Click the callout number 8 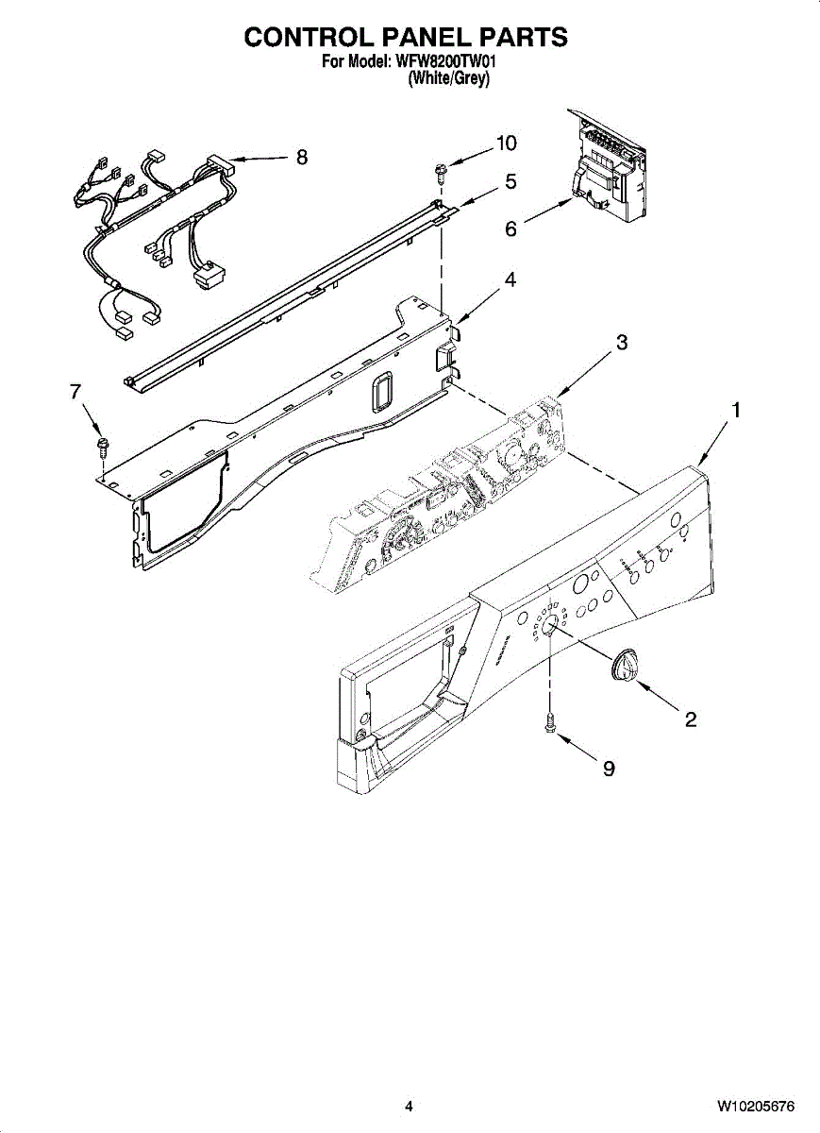pyautogui.click(x=302, y=158)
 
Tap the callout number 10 pyautogui.click(x=507, y=144)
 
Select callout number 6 pyautogui.click(x=510, y=229)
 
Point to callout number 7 pyautogui.click(x=75, y=393)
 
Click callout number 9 pyautogui.click(x=609, y=769)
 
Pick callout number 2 pyautogui.click(x=691, y=720)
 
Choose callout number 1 pyautogui.click(x=736, y=411)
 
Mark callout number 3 pyautogui.click(x=622, y=343)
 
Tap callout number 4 pyautogui.click(x=510, y=280)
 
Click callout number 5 pyautogui.click(x=510, y=181)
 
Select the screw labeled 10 pyautogui.click(x=441, y=171)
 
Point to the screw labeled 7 pyautogui.click(x=102, y=443)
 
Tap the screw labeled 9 pyautogui.click(x=549, y=722)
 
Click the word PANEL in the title pyautogui.click(x=406, y=37)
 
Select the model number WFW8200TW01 pyautogui.click(x=446, y=61)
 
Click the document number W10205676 pyautogui.click(x=755, y=1106)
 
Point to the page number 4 pyautogui.click(x=409, y=1106)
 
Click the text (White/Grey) pyautogui.click(x=448, y=80)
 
